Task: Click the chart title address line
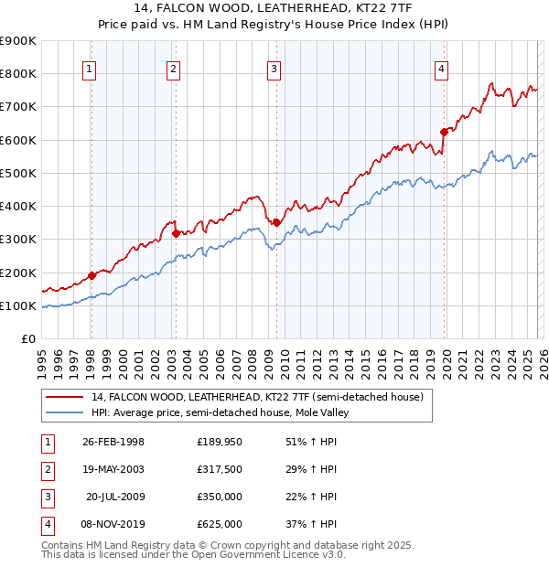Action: pos(274,8)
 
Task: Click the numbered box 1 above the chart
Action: pos(90,67)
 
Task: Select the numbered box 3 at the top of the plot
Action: pos(274,67)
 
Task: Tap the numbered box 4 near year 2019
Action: pos(441,67)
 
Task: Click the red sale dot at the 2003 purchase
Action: pos(176,234)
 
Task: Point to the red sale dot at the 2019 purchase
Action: pos(444,132)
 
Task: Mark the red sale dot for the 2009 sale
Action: pos(276,222)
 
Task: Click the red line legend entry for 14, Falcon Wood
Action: pos(256,398)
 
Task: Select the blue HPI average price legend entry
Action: pos(220,413)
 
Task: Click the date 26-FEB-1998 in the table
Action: pos(113,442)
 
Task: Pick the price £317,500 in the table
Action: pos(220,469)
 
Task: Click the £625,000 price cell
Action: pos(220,524)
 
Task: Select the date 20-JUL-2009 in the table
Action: pos(114,497)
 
